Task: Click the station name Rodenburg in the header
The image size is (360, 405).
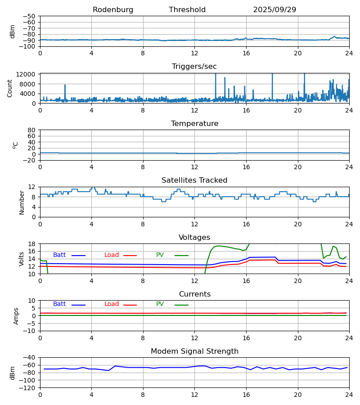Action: pos(113,10)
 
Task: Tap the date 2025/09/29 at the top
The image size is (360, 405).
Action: pos(274,10)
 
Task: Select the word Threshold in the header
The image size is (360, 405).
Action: pos(187,10)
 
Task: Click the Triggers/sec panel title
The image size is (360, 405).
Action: pos(194,67)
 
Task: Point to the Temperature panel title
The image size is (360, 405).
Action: pos(194,124)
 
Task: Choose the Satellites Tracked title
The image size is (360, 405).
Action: pos(194,180)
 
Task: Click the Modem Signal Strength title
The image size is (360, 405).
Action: pos(194,351)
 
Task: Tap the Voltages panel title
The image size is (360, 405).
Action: pos(194,238)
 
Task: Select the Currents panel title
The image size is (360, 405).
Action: pos(194,294)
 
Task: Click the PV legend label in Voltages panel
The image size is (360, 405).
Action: pos(160,255)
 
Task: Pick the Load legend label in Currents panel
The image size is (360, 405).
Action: pos(112,304)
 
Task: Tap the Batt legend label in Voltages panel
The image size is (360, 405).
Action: pos(59,255)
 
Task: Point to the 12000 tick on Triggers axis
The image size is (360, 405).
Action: pos(28,74)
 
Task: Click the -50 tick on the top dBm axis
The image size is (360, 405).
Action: pos(31,16)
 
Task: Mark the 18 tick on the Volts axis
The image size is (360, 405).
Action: pos(32,244)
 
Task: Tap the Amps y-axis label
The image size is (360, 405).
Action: pos(16,316)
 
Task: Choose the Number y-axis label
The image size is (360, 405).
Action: pos(22,202)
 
